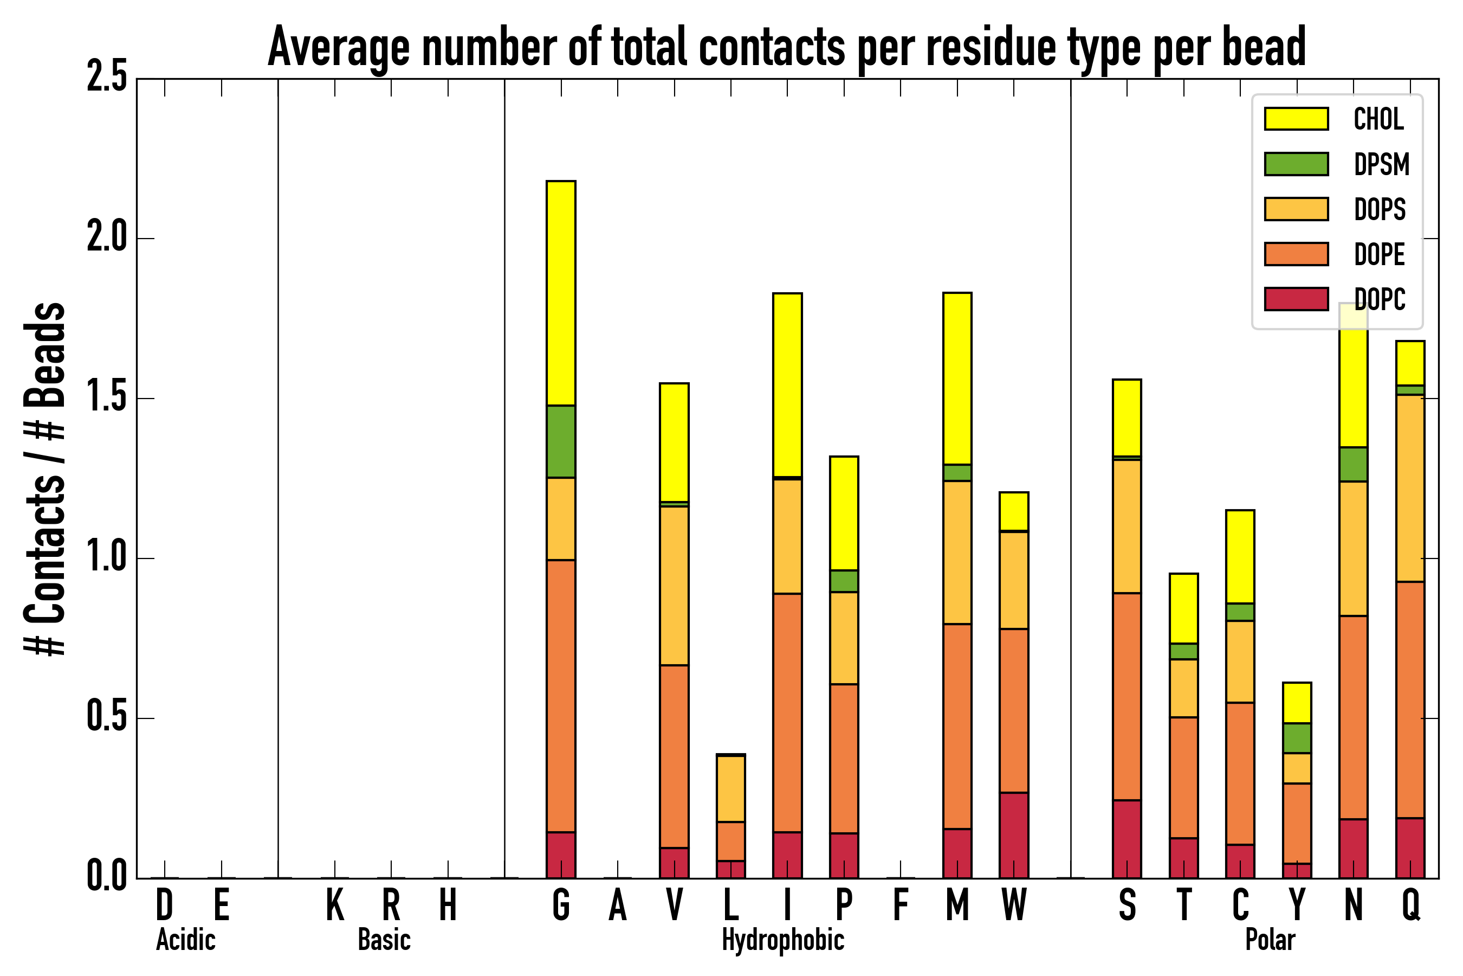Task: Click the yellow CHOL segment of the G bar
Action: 560,293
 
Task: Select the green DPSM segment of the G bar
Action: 560,441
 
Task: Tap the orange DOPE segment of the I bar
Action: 787,712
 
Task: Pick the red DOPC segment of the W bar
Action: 1013,836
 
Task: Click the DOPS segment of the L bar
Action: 730,788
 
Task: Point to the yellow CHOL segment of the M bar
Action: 957,378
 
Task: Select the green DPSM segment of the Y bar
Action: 1296,738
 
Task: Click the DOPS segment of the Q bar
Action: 1409,488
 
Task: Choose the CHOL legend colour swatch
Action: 1296,119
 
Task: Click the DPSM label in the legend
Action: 1381,164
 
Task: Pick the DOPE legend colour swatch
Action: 1296,254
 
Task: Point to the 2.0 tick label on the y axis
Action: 106,238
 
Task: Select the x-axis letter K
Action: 335,905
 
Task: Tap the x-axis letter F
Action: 900,905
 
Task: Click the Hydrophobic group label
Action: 782,940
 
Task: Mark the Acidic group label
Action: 185,940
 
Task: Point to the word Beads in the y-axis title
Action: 45,355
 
